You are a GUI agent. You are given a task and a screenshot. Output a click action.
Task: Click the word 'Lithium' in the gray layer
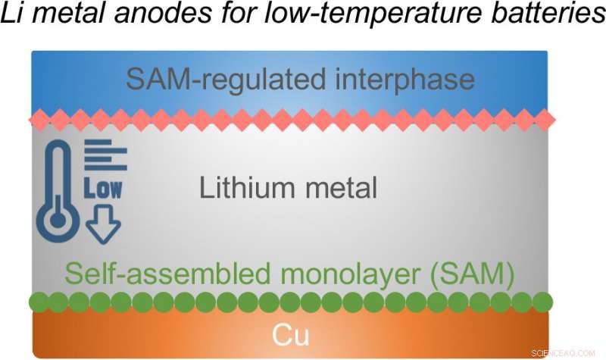(x=243, y=187)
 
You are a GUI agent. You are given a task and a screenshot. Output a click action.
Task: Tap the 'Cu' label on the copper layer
(x=290, y=333)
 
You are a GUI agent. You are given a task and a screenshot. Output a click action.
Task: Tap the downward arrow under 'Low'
(x=103, y=225)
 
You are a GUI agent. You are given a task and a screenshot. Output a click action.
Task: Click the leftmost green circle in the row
(x=37, y=302)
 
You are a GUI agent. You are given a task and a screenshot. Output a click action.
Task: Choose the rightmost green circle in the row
(x=542, y=302)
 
